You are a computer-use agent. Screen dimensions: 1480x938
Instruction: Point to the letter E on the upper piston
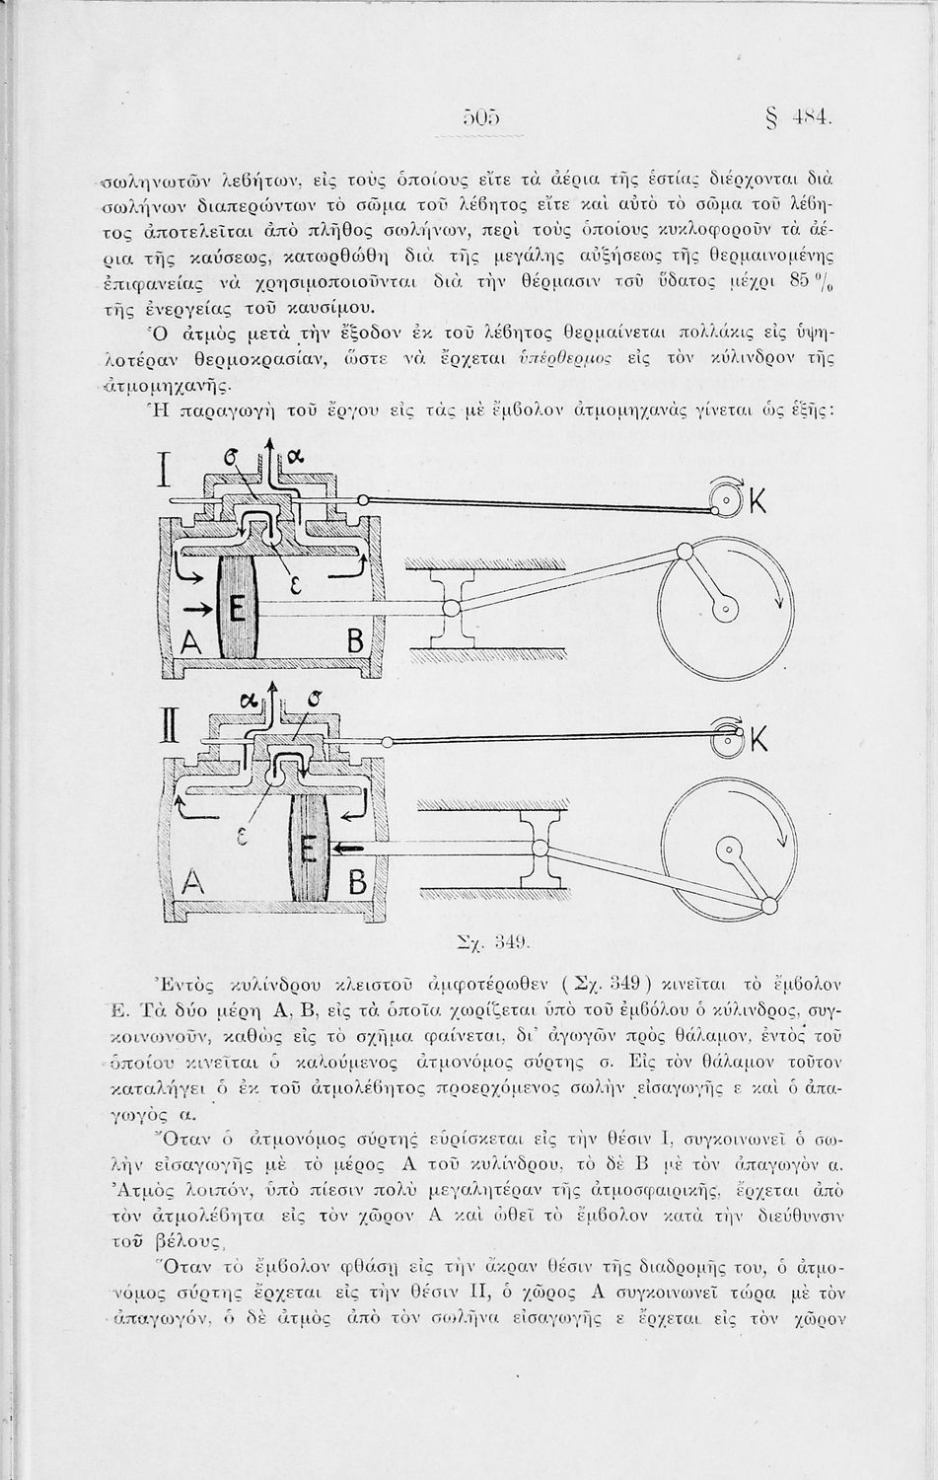click(x=237, y=611)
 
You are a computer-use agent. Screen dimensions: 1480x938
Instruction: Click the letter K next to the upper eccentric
click(x=758, y=504)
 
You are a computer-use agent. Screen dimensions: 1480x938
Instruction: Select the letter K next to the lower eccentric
click(x=758, y=738)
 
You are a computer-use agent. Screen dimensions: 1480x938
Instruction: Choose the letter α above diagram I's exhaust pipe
click(x=296, y=458)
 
